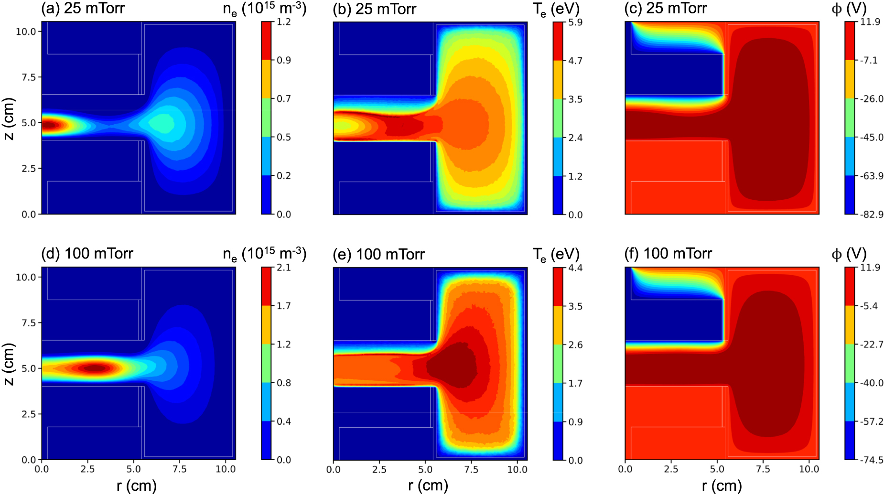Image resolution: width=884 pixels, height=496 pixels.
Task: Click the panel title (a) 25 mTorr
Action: tap(83, 9)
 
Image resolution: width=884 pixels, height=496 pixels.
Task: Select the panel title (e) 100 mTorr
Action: tap(378, 254)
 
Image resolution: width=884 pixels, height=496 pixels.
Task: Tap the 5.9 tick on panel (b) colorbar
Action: tap(575, 22)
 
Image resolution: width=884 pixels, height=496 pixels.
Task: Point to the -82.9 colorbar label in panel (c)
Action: tap(872, 215)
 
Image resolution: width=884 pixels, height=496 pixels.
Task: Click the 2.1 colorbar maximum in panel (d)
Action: tap(284, 268)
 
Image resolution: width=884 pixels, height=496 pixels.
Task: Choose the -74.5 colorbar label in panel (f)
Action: tap(872, 460)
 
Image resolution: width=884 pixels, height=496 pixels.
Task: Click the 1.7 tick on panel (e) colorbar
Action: tap(575, 383)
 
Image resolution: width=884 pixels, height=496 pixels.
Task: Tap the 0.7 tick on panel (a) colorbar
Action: tap(284, 99)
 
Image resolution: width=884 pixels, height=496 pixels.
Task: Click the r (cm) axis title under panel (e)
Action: tap(428, 486)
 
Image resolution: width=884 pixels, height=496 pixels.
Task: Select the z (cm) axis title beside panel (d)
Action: tap(9, 364)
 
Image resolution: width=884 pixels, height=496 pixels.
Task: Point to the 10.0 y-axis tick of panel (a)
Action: tap(26, 32)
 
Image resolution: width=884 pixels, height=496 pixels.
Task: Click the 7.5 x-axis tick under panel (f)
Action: tap(763, 469)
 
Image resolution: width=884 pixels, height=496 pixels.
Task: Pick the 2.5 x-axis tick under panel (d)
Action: tap(87, 469)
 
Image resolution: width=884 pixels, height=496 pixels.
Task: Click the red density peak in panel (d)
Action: tap(95, 368)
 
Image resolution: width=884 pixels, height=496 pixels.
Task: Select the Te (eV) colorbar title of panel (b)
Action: tap(556, 9)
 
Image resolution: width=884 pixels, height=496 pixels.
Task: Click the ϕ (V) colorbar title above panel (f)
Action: tap(849, 254)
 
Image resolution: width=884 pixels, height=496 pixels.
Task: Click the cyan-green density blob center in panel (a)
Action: tap(162, 123)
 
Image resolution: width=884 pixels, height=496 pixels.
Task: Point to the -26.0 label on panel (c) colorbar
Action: tap(872, 99)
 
